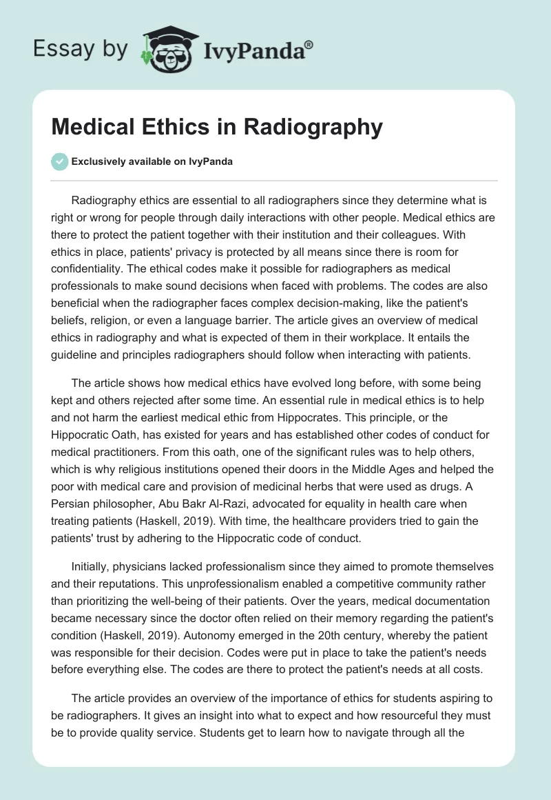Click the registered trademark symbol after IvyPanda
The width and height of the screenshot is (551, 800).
309,44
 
